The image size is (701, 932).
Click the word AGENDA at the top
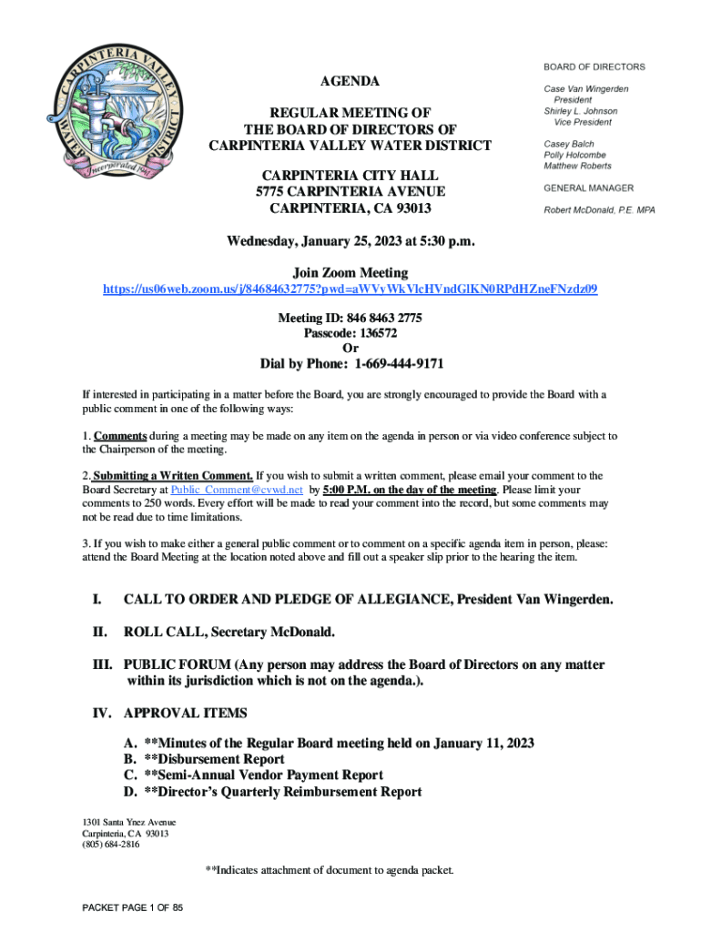(350, 82)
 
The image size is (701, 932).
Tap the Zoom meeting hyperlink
(350, 289)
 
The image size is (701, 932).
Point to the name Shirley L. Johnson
(581, 111)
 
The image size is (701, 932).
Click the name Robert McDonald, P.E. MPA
(599, 210)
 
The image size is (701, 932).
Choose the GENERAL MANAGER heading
(589, 188)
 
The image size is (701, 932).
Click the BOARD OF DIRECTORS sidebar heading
(594, 66)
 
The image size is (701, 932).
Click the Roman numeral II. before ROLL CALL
(99, 632)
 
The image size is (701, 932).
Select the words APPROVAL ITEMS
(185, 713)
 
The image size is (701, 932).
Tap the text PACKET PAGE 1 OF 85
(133, 908)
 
